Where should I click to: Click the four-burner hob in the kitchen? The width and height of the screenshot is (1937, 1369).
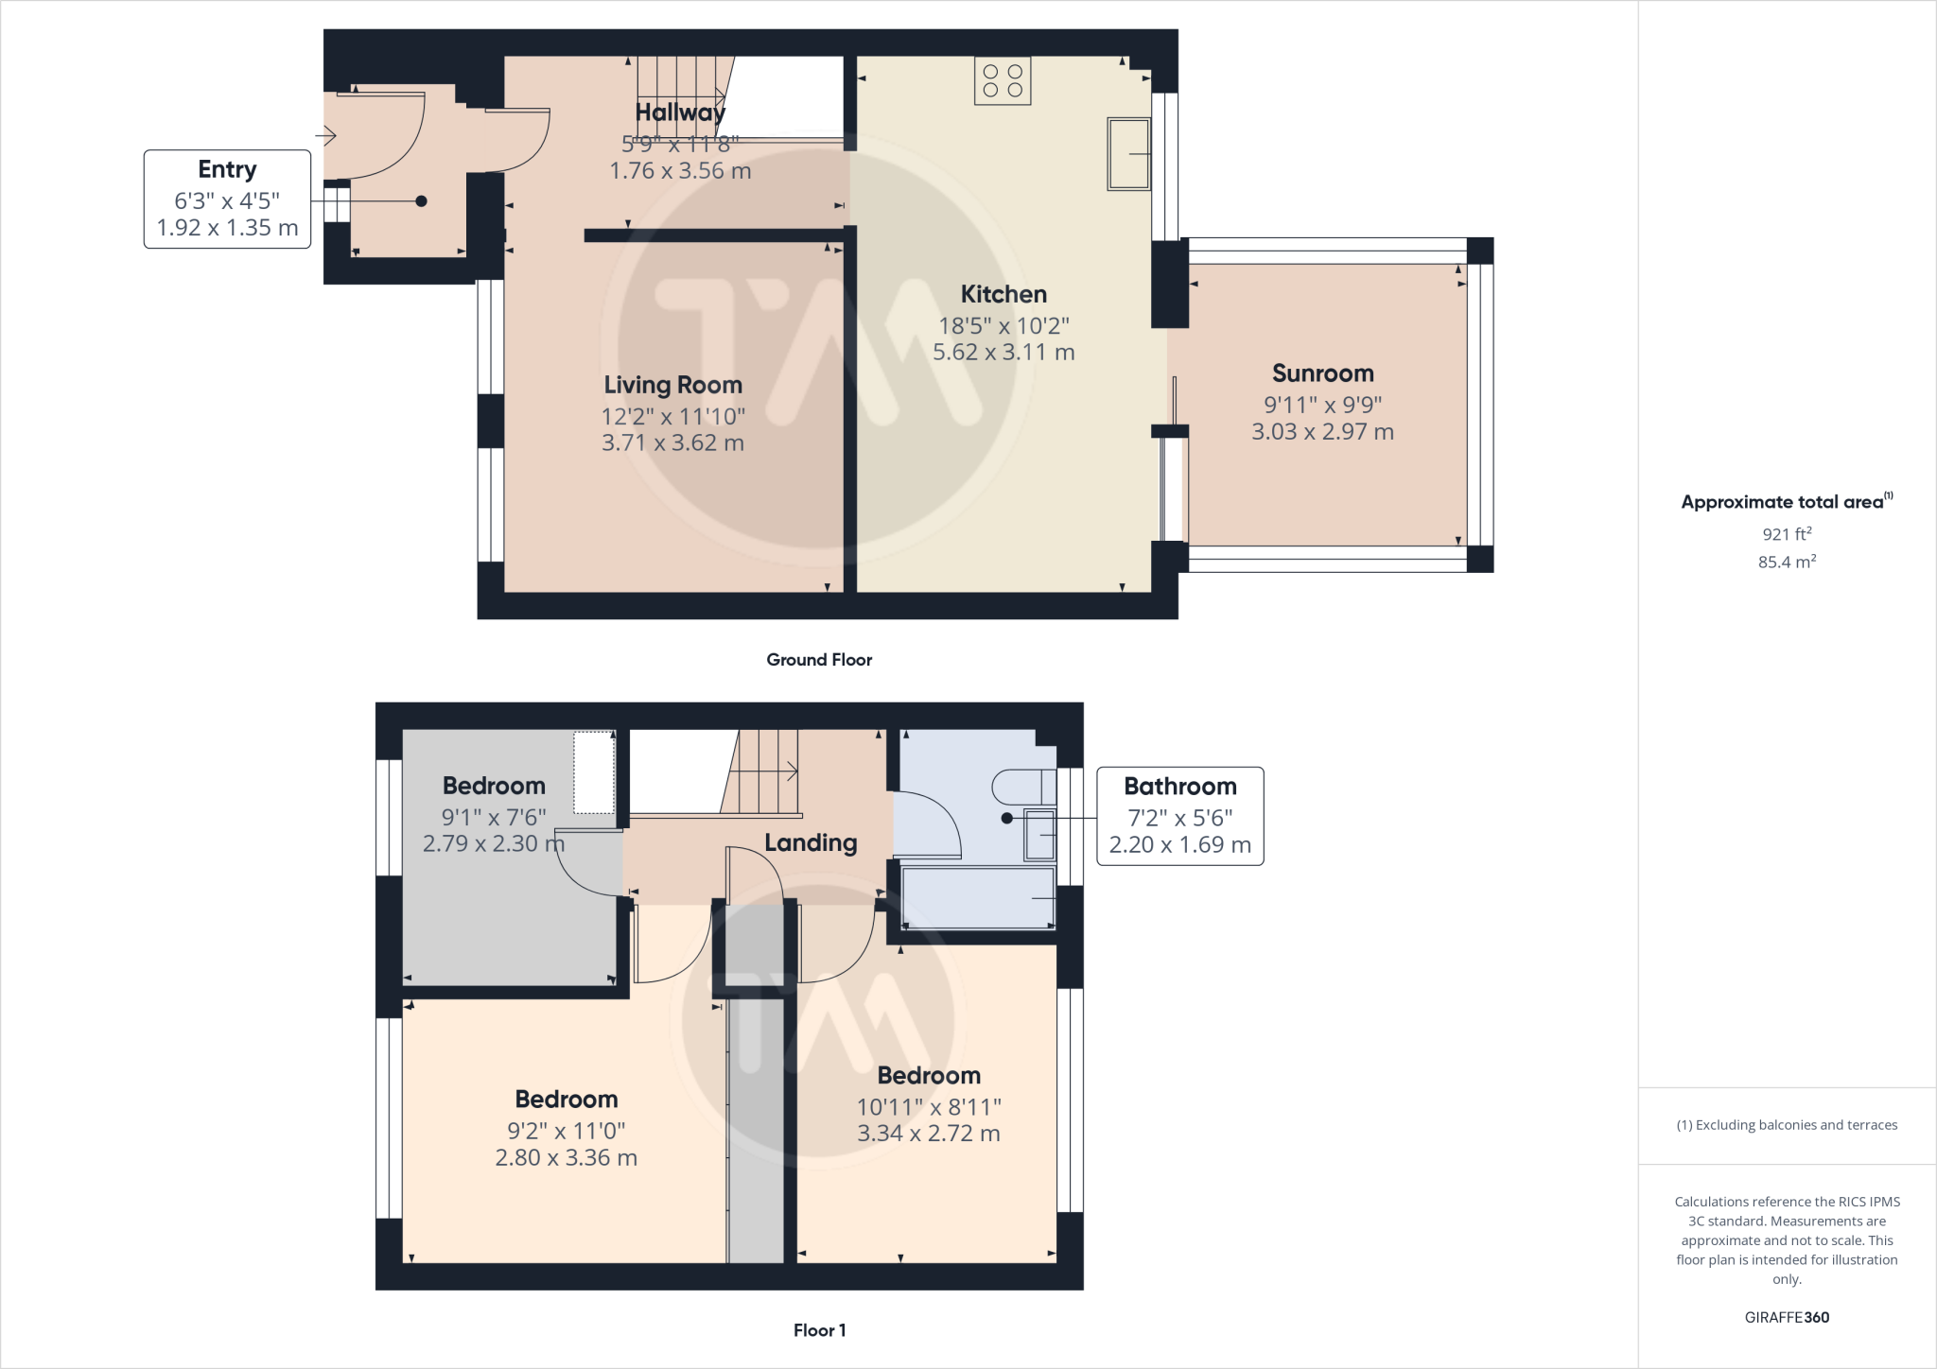click(x=1003, y=80)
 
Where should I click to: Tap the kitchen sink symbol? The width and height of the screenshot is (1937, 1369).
click(x=1128, y=154)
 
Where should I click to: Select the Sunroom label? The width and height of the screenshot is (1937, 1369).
click(x=1322, y=373)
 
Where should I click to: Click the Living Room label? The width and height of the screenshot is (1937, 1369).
click(x=672, y=385)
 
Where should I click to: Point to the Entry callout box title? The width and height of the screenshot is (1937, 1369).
click(x=227, y=169)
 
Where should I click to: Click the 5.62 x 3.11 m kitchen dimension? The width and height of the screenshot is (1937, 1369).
click(x=1003, y=353)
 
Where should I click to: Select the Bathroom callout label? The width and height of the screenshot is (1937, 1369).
click(x=1179, y=787)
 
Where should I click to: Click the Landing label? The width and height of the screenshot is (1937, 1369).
click(x=811, y=842)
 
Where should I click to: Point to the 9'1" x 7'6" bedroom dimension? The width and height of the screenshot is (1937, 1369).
click(x=494, y=817)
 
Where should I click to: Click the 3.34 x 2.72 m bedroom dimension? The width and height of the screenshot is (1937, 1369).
click(x=928, y=1134)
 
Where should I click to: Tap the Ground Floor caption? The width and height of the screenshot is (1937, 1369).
click(x=819, y=660)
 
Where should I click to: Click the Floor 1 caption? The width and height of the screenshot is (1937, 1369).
click(x=819, y=1330)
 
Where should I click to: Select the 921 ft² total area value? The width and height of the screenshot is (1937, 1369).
click(x=1787, y=534)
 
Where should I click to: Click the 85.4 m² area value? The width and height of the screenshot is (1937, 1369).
click(x=1787, y=562)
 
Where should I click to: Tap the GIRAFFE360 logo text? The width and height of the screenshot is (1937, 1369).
click(x=1787, y=1317)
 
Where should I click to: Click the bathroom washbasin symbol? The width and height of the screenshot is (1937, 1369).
click(x=1040, y=834)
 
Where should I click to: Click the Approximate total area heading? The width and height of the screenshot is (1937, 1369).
click(x=1785, y=502)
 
